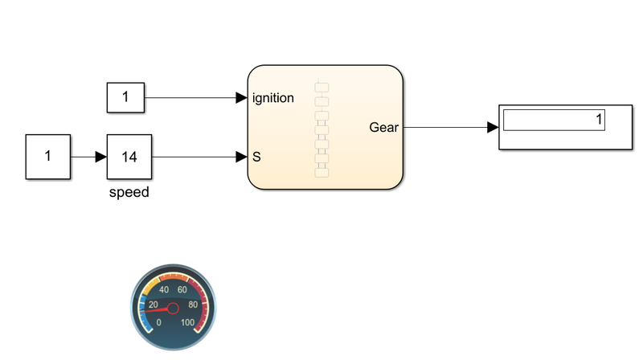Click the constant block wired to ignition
coord(125,98)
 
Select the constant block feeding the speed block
coord(48,157)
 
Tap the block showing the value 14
coord(129,157)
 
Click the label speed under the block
coord(129,193)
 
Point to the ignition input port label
coord(272,98)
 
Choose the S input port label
coord(256,157)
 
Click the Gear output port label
coord(383,127)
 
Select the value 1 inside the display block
coord(598,121)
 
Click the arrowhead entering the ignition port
coord(241,98)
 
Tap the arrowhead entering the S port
coord(241,157)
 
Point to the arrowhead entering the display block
coord(492,127)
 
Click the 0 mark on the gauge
coord(158,322)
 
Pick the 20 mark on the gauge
coord(154,305)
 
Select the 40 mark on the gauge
coord(165,290)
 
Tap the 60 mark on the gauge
coord(182,290)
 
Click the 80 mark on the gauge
coord(193,305)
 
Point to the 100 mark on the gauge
coord(188,322)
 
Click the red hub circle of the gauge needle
coord(173,308)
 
